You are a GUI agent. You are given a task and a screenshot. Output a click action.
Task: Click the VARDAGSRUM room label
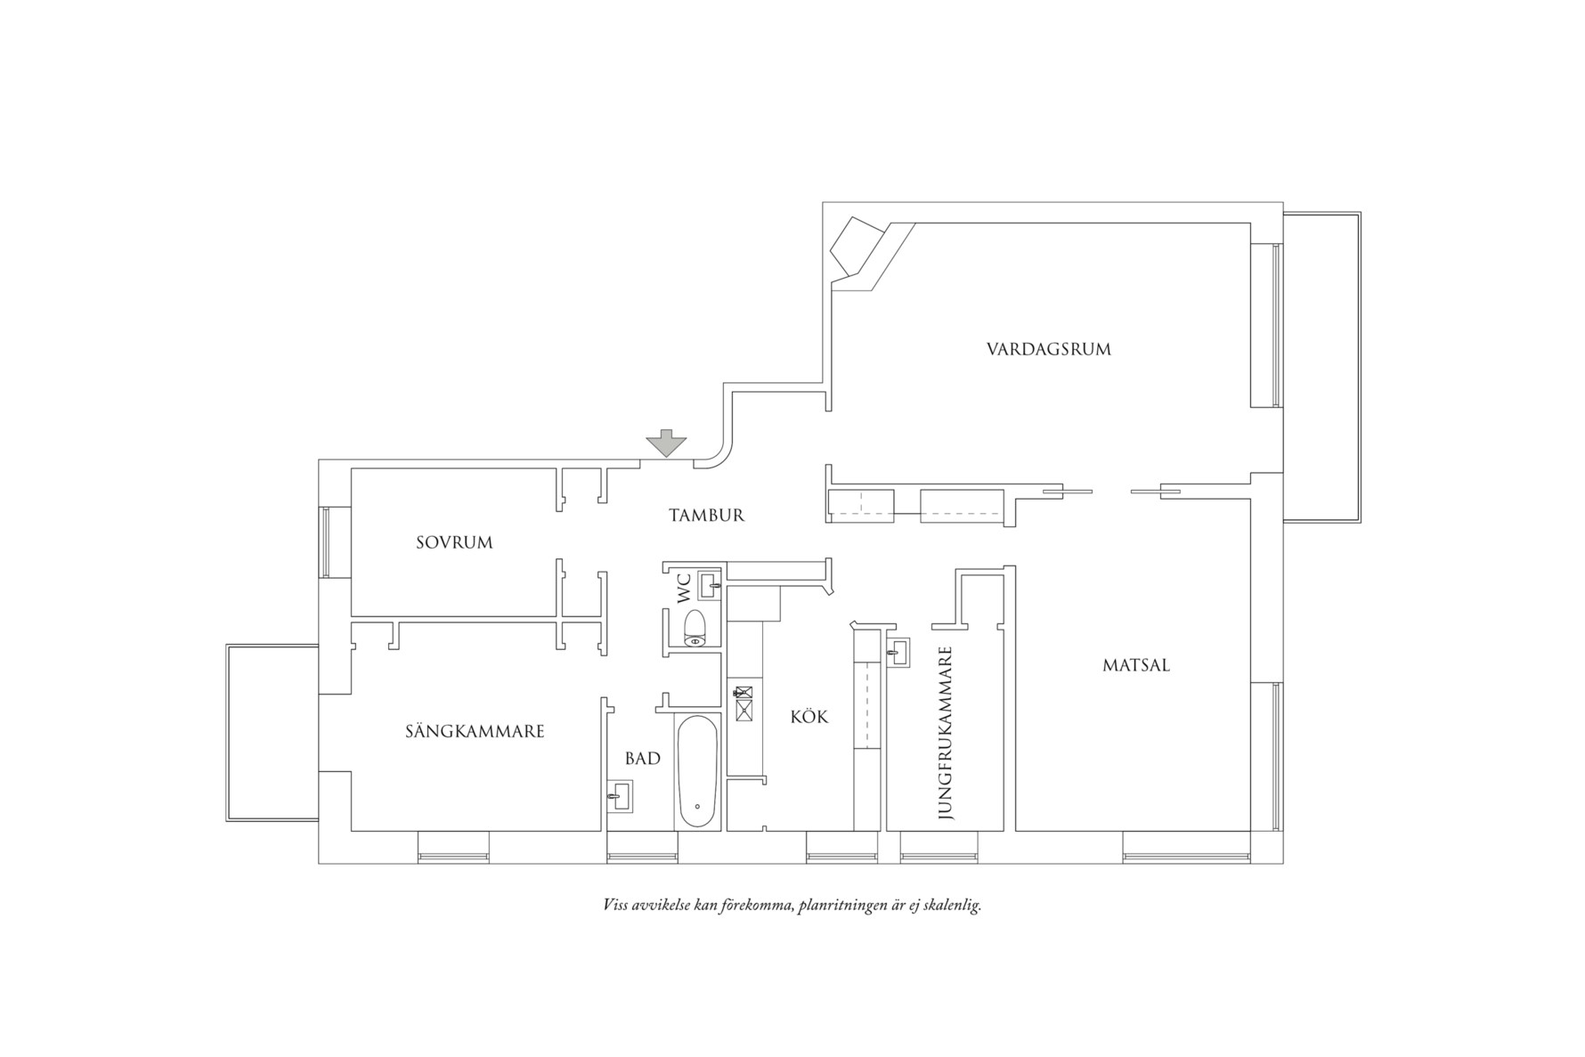tap(1048, 349)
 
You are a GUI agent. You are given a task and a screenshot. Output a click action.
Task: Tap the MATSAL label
tap(1135, 665)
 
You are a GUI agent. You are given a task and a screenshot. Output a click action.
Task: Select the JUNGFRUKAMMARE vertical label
tap(946, 733)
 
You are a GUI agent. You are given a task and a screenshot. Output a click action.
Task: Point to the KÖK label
tap(809, 717)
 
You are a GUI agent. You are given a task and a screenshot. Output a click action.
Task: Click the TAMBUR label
tap(706, 516)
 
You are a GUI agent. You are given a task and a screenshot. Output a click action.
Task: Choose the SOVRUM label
tap(454, 542)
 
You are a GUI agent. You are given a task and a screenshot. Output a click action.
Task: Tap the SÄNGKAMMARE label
tap(475, 732)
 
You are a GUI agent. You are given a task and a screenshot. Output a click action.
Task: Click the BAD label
tap(642, 759)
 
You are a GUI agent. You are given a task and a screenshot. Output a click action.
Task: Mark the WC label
tap(684, 589)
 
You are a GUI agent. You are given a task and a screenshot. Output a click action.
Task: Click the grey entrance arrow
tap(665, 443)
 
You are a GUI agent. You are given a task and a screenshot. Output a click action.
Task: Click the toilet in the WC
tap(695, 628)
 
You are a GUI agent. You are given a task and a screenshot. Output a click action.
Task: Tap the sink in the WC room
tap(710, 585)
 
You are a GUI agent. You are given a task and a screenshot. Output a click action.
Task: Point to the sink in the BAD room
tap(619, 795)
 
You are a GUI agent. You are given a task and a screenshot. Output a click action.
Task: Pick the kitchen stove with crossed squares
tap(743, 703)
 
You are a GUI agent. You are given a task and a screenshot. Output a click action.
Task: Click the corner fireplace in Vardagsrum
tap(857, 248)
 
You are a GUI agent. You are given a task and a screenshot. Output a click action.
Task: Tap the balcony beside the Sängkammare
tap(272, 733)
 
